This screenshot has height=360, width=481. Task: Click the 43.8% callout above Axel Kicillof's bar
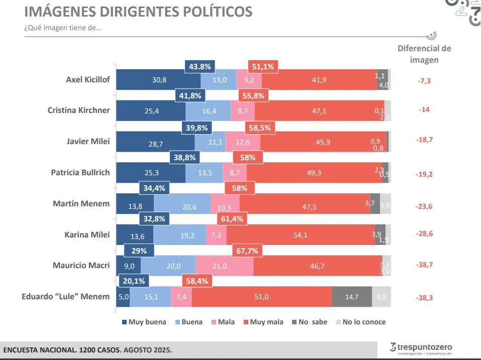[x=201, y=66]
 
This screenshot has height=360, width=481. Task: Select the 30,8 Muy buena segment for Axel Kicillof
[x=159, y=80]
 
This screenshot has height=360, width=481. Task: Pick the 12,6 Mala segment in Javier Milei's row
[x=243, y=143]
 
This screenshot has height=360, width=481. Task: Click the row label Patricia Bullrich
[x=80, y=172]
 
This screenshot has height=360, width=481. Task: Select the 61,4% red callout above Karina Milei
[x=233, y=219]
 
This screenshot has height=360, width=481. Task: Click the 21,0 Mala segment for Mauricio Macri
[x=224, y=266]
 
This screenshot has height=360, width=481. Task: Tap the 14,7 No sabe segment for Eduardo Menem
[x=351, y=297]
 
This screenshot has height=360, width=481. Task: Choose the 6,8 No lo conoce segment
[x=381, y=297]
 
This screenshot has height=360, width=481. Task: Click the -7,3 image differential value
[x=424, y=80]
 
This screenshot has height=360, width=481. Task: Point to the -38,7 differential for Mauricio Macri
[x=424, y=266]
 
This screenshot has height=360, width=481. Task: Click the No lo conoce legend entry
[x=364, y=322]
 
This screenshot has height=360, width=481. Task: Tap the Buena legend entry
[x=191, y=322]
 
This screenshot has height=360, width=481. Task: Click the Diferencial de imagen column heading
[x=424, y=54]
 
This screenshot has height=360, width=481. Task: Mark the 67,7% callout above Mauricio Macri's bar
[x=248, y=251]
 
